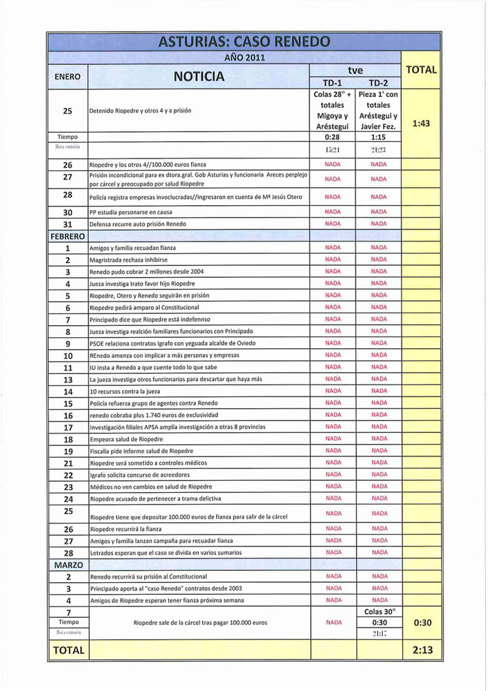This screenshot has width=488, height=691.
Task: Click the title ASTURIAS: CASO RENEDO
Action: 244,41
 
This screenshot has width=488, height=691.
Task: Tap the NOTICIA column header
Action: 199,76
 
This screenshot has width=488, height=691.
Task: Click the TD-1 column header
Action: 333,82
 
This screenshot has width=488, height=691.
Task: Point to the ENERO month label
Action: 67,76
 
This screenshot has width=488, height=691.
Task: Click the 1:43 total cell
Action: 420,124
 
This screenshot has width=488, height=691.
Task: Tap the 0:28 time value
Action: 333,138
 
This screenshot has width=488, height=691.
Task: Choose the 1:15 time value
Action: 379,138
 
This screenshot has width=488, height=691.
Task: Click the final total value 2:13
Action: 422,650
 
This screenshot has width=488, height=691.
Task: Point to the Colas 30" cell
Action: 380,611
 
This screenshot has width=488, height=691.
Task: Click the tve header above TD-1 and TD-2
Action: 356,70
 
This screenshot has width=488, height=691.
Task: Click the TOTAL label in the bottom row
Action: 68,650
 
